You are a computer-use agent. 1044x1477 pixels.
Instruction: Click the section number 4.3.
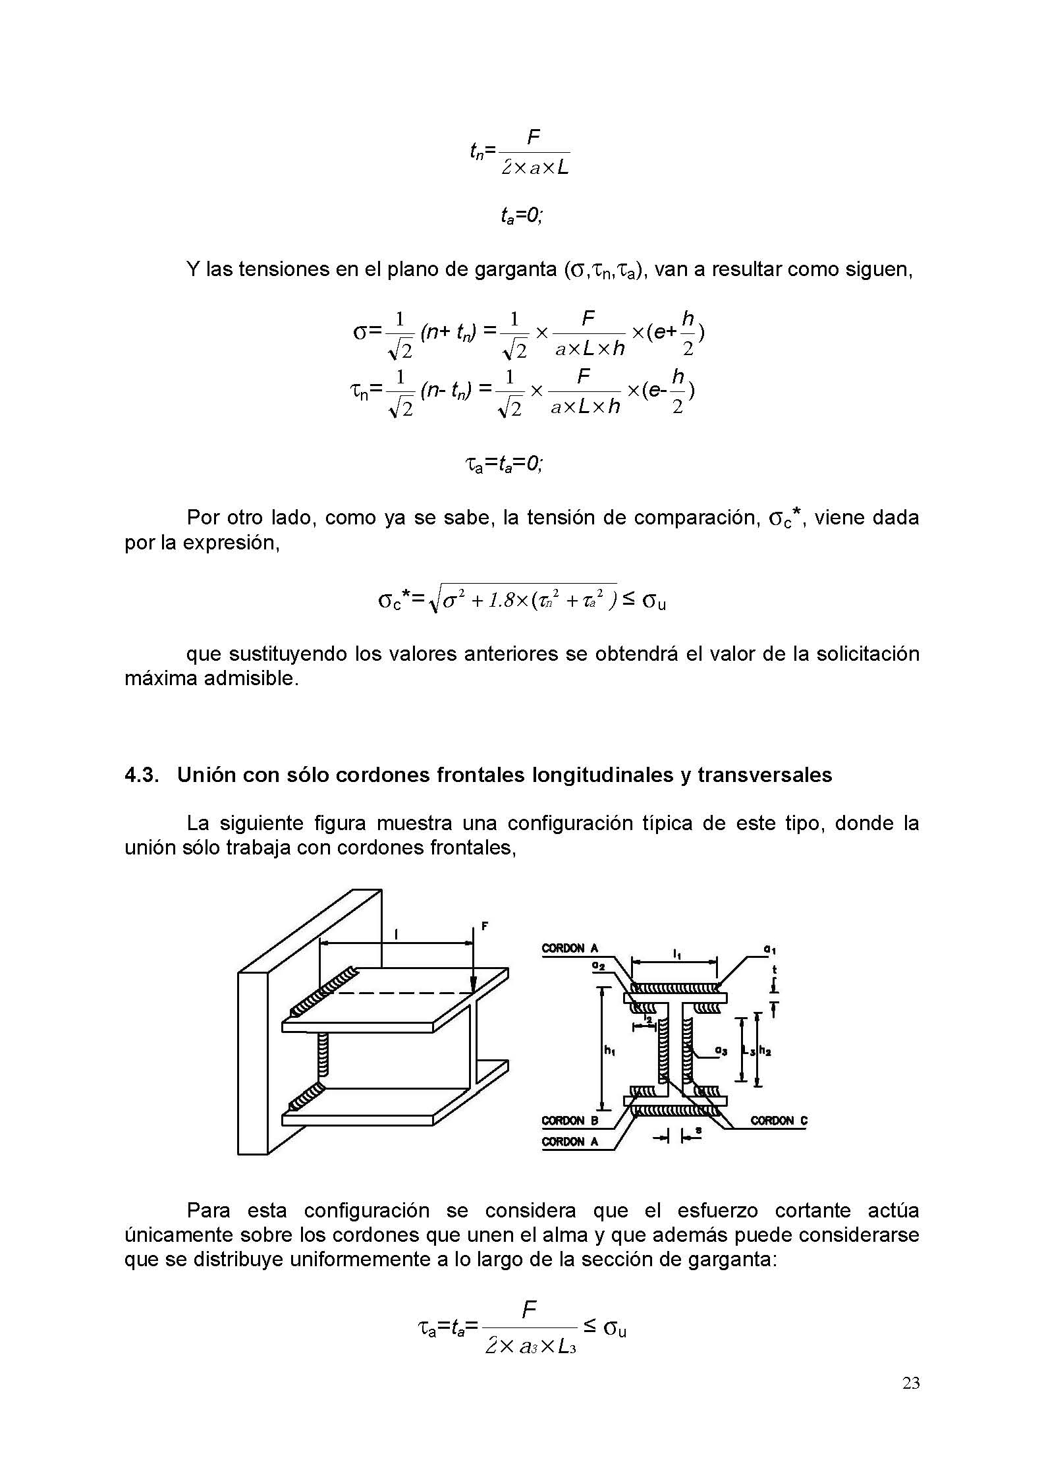point(142,775)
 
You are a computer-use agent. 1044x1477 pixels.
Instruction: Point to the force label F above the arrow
point(484,926)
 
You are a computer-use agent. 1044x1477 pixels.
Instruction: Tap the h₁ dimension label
point(609,1052)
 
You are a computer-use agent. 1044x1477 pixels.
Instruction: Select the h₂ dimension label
point(765,1052)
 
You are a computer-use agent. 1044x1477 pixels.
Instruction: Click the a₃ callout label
point(723,1053)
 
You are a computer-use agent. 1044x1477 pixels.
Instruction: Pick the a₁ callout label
point(768,949)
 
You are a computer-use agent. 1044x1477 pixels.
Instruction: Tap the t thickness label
point(775,970)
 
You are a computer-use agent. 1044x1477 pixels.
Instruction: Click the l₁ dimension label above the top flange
point(676,953)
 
